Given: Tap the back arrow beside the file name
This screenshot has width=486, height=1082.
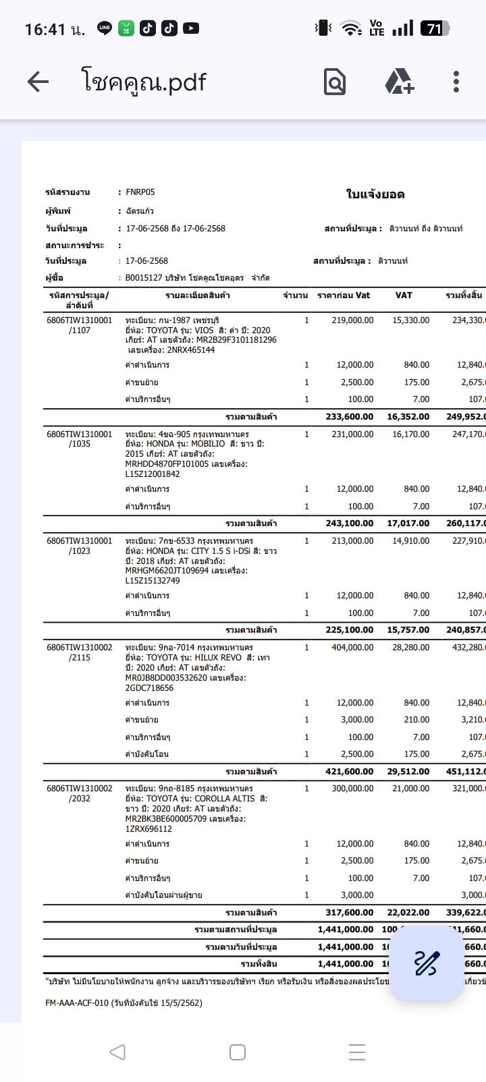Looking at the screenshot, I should point(38,82).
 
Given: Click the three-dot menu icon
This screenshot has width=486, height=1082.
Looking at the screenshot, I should point(456,82).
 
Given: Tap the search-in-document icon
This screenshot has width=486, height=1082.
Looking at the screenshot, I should point(334,82).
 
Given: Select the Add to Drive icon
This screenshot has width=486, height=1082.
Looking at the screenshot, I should point(399,82).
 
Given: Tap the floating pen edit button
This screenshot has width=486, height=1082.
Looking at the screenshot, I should point(426,963).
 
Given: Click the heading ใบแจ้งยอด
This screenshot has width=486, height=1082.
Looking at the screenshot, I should point(375,195).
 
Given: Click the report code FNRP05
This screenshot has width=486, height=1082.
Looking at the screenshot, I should point(140,192).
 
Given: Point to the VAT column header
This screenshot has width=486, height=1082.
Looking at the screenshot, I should point(404,295).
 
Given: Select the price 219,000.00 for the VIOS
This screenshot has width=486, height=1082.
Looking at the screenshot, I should point(352,320).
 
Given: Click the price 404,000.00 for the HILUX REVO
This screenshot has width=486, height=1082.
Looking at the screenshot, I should point(352,648).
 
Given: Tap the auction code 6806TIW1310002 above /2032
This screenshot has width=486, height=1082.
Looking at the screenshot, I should point(80,788).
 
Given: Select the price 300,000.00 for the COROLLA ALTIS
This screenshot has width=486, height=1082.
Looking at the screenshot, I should point(352,788).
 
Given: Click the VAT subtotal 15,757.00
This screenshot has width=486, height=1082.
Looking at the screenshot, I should point(408,630).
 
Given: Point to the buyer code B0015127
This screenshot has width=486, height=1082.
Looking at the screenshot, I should point(144,278).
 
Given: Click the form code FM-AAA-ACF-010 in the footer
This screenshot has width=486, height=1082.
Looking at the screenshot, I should point(77,1003).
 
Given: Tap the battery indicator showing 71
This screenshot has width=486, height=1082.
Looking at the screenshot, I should point(435,28).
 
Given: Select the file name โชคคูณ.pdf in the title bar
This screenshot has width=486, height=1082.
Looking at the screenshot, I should point(144,82).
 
